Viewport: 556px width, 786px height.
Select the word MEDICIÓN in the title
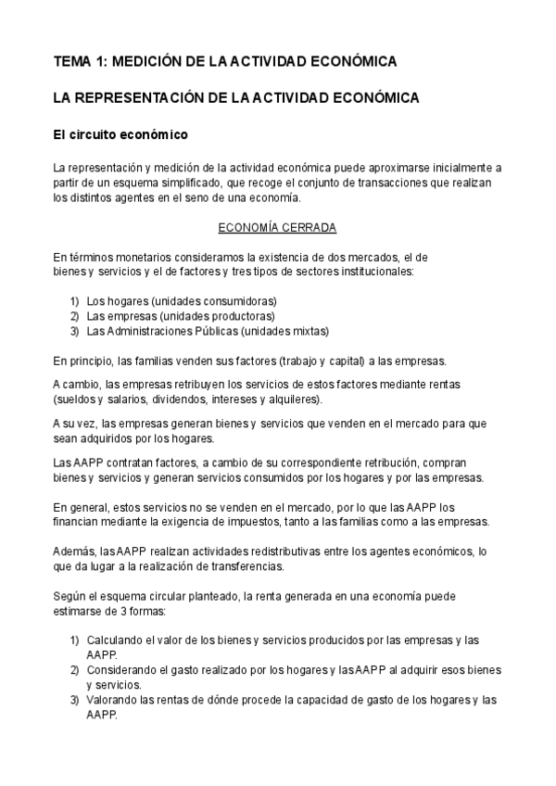pos(148,61)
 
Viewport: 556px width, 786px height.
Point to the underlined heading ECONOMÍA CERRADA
pos(277,227)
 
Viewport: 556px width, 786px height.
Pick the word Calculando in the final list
pos(117,640)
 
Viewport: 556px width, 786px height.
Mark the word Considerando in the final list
pos(122,670)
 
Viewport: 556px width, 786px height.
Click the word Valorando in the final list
pos(113,701)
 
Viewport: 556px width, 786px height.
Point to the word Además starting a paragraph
pos(74,551)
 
